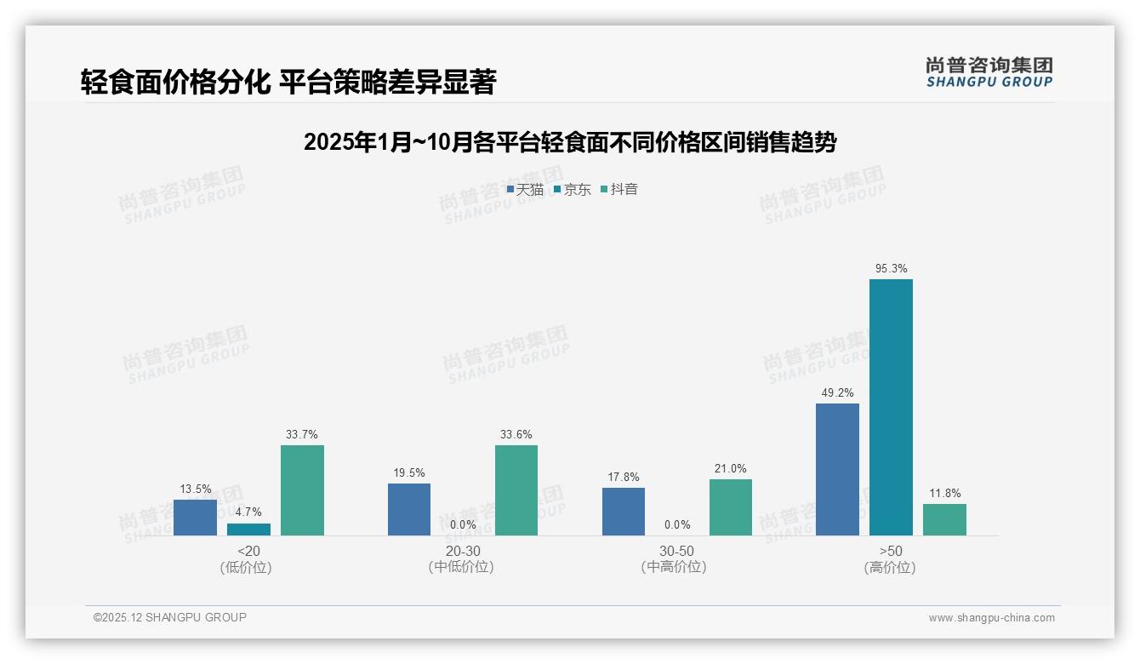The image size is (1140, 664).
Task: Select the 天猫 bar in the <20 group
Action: (195, 518)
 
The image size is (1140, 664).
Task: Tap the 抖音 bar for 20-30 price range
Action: (516, 490)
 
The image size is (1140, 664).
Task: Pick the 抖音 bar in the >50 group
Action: (944, 519)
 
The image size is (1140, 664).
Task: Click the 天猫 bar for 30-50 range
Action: (624, 512)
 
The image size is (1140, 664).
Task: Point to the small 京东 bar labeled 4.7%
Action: (248, 529)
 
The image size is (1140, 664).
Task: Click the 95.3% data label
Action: (891, 269)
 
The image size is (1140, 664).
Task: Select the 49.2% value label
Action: (837, 393)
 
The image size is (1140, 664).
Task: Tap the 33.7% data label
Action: (302, 435)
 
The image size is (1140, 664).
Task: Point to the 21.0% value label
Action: (731, 469)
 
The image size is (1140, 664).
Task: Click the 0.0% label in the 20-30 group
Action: (463, 525)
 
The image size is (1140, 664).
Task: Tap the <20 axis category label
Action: (248, 551)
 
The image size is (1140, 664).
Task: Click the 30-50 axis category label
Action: (676, 551)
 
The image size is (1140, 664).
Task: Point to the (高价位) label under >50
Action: (890, 568)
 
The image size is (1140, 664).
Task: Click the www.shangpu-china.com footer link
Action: (991, 618)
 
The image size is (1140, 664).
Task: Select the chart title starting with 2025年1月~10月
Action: (569, 142)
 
